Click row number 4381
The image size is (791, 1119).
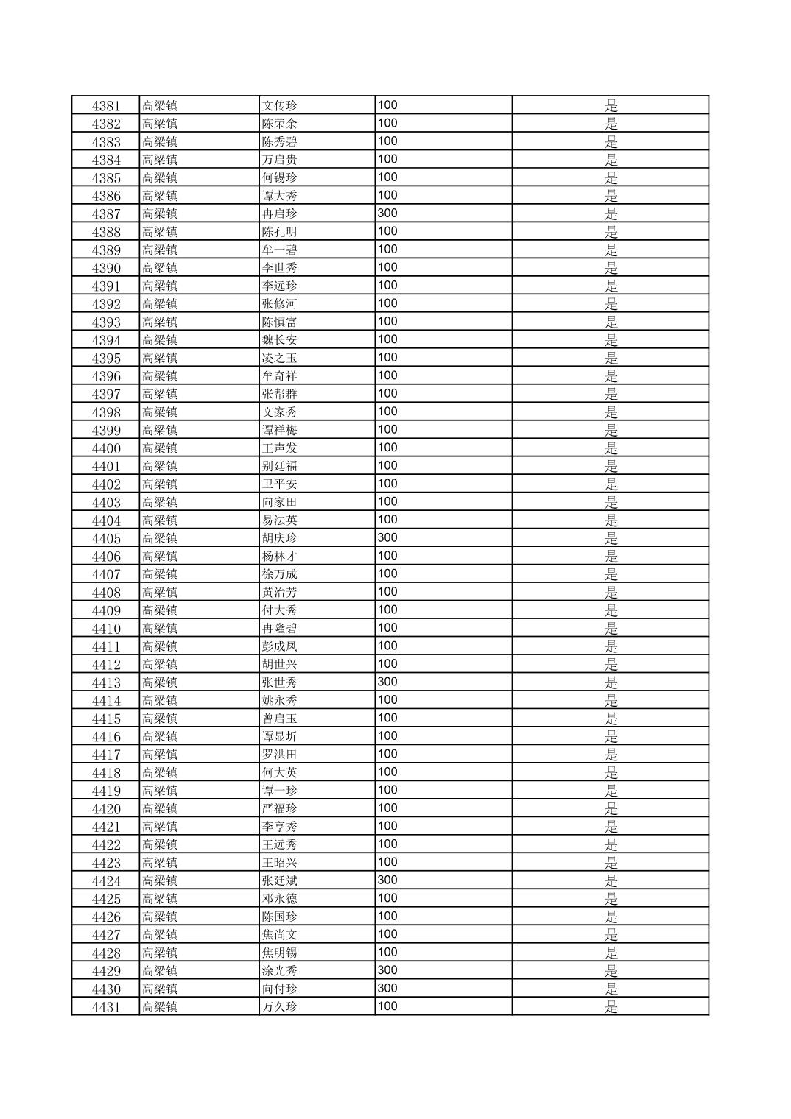[x=105, y=105]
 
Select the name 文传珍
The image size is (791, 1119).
[x=279, y=105]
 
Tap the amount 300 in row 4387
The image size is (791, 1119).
[x=387, y=213]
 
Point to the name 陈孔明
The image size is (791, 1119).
[x=279, y=232]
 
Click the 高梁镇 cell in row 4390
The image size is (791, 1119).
[x=160, y=268]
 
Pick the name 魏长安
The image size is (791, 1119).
[x=279, y=340]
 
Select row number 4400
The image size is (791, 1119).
[x=105, y=448]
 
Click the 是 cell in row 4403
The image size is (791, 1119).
[x=611, y=502]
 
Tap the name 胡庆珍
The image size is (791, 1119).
[x=279, y=538]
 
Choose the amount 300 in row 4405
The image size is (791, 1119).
[x=387, y=538]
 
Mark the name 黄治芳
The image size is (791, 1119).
[x=279, y=593]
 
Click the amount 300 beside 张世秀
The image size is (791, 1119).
[x=387, y=682]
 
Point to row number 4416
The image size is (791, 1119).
[x=105, y=737]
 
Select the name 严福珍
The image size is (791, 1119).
[x=279, y=809]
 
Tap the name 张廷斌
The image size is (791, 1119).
[x=279, y=881]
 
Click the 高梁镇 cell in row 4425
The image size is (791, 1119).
[x=160, y=899]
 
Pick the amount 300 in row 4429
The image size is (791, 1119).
[x=387, y=971]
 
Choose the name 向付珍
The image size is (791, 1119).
[x=279, y=989]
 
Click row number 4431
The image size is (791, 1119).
[x=105, y=1007]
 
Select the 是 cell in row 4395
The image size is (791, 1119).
[x=611, y=358]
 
